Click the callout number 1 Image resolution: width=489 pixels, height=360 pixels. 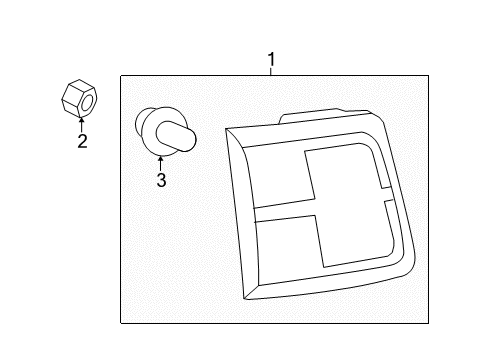point(272,59)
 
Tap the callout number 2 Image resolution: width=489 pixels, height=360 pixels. point(82,141)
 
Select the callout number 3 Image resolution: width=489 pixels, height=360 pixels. point(161,180)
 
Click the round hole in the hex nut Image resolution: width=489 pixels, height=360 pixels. point(87,102)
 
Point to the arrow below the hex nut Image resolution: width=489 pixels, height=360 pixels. point(81,124)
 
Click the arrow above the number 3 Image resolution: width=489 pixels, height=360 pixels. point(161,164)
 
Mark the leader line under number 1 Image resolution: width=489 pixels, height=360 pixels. point(271,71)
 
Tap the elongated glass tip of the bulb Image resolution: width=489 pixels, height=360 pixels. point(176,137)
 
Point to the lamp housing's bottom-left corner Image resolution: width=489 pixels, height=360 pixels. point(245,298)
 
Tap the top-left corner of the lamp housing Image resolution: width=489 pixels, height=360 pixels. point(226,129)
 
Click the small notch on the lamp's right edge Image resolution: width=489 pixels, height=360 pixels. point(387,194)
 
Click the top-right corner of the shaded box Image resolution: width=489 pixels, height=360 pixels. point(428,76)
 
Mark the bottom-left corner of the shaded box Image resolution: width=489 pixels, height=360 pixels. point(121,323)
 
